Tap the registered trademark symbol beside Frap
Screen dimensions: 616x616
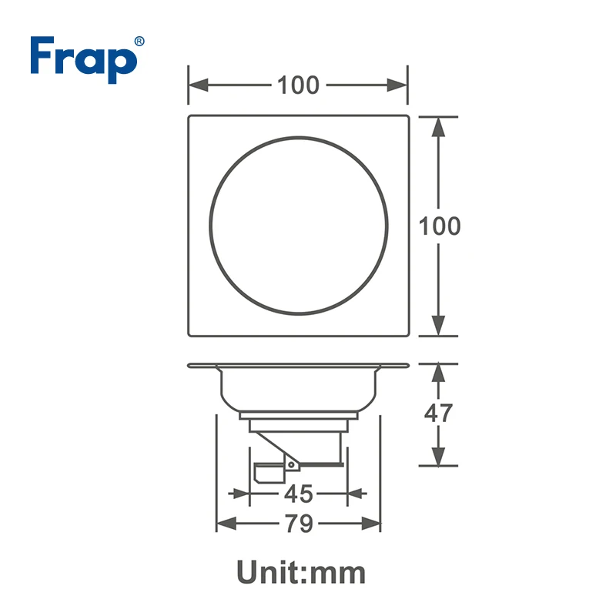pos(139,42)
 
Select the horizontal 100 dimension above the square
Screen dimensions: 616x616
pos(298,85)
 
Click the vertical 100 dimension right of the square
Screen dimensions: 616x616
pos(440,226)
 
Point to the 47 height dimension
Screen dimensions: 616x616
pos(438,413)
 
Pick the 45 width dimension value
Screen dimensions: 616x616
pos(299,494)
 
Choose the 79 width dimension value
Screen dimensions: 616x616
pos(299,524)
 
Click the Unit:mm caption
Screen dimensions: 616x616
pos(301,572)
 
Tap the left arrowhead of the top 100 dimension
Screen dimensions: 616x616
pos(199,85)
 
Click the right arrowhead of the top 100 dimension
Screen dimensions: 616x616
pos(397,85)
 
